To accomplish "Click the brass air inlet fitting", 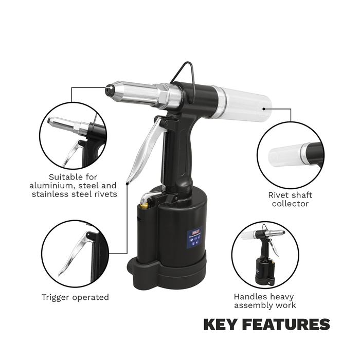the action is (x=145, y=206).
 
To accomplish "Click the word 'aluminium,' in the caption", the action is (x=52, y=186).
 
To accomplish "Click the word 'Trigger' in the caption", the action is (x=56, y=297).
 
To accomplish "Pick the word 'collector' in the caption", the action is (x=290, y=204).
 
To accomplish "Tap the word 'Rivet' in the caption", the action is (x=278, y=195).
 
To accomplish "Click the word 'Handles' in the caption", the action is (x=248, y=297).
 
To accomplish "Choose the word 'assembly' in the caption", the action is (x=254, y=305).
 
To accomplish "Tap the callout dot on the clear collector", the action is (x=264, y=109).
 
